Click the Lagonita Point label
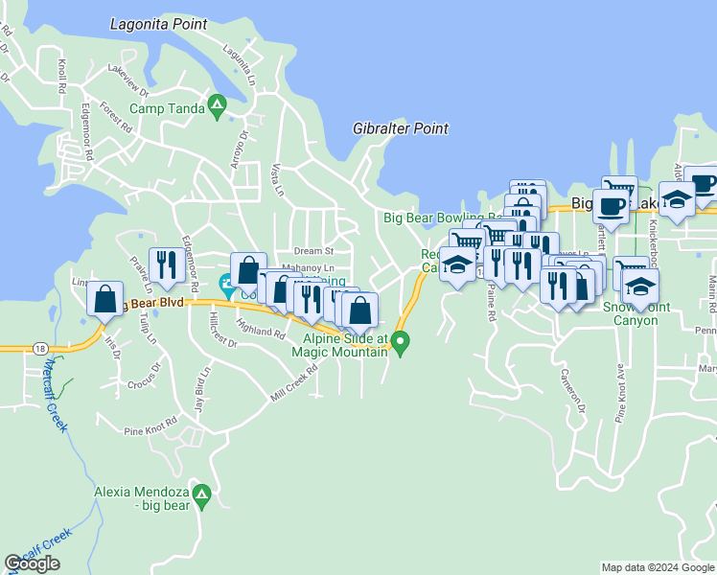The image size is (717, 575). (x=159, y=23)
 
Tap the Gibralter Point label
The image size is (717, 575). (x=401, y=128)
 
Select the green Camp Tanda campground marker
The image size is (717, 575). (x=218, y=108)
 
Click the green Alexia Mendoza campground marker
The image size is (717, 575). (x=201, y=495)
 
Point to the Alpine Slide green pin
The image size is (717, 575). (x=402, y=340)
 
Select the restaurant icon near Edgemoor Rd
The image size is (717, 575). (x=167, y=265)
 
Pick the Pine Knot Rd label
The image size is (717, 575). (x=150, y=426)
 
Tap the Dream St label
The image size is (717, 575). (x=312, y=251)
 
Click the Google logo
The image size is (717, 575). (x=33, y=563)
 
